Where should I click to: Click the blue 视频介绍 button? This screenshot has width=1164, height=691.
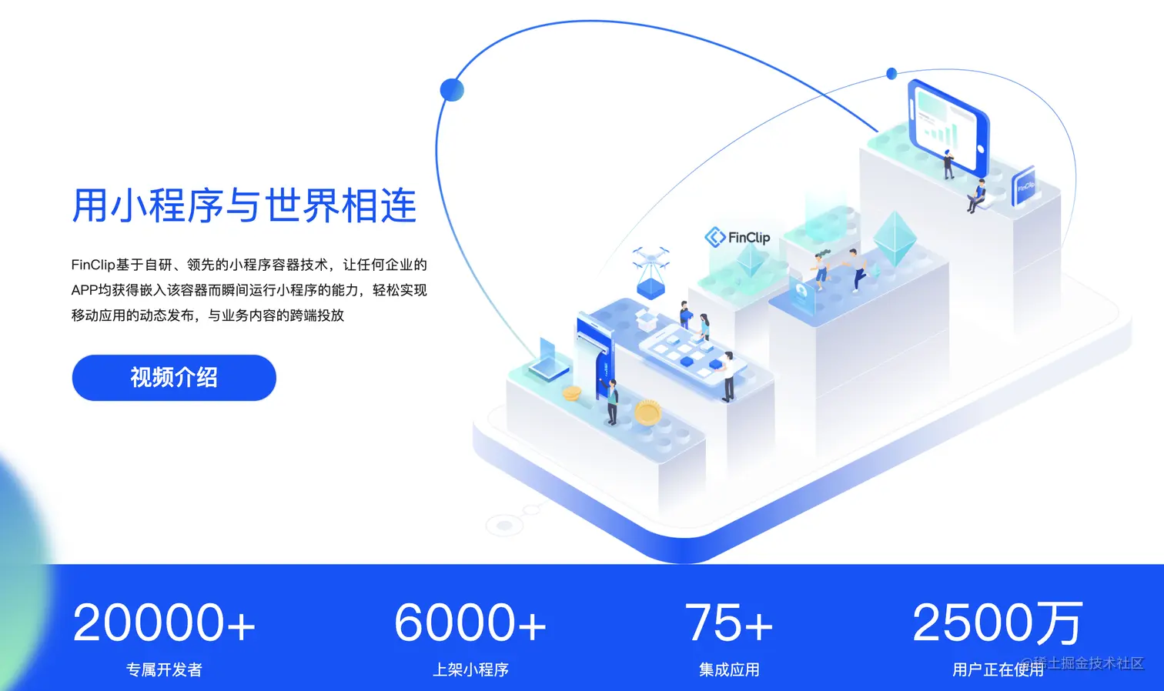coord(174,378)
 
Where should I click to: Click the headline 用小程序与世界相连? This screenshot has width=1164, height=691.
coord(244,205)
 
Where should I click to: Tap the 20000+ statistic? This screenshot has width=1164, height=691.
coord(164,623)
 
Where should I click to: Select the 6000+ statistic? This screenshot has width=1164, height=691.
coord(470,623)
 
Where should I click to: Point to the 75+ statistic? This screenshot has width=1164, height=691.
coord(728,623)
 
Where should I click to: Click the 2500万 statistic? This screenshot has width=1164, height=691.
coord(997,623)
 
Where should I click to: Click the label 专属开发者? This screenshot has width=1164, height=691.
coord(164,669)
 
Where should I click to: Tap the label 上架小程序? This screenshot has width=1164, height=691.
coord(470,669)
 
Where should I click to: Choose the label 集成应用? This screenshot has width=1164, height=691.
coord(728,669)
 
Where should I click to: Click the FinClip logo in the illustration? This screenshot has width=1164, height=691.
coord(738,237)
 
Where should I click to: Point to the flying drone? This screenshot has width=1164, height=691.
coord(651,257)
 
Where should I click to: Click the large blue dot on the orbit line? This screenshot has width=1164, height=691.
coord(452,89)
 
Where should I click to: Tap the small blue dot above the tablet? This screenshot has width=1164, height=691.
coord(891,74)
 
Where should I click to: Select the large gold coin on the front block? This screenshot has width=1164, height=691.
coord(647,413)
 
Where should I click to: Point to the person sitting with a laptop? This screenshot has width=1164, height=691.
coord(978,196)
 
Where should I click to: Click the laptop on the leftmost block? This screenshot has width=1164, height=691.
coord(549,362)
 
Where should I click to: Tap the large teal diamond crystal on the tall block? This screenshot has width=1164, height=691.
coord(894,239)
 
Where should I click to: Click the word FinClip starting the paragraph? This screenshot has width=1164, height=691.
coord(92,265)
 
